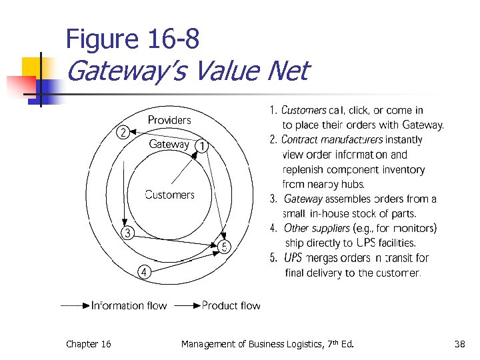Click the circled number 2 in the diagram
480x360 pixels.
[x=123, y=132]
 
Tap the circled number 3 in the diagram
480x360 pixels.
[x=127, y=233]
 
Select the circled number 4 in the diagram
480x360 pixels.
[x=144, y=271]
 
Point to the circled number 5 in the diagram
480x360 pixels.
[x=225, y=247]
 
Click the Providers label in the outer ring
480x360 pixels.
[x=169, y=120]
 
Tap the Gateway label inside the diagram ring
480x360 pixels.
[x=169, y=144]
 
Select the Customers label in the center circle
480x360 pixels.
[x=169, y=195]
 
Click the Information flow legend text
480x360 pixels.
[x=129, y=305]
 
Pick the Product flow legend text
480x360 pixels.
[x=231, y=305]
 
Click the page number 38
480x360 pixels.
[x=459, y=344]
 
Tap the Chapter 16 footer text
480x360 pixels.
[x=88, y=344]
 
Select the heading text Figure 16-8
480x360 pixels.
[x=132, y=40]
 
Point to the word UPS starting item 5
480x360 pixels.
[x=293, y=258]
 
